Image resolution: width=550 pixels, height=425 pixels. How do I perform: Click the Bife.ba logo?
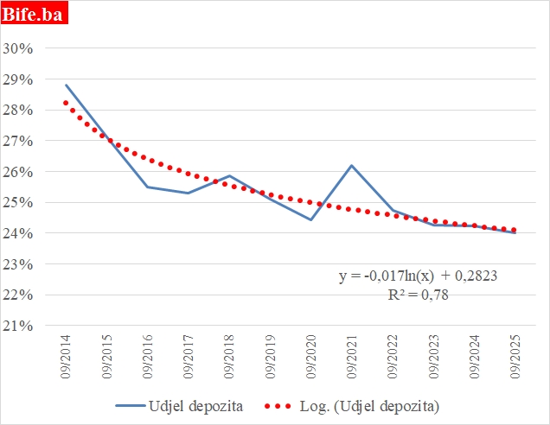[35, 13]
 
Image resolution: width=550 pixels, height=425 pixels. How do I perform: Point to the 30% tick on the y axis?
[18, 48]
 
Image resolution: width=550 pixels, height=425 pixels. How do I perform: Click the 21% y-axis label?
[18, 326]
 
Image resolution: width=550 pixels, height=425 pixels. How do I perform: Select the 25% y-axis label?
[18, 202]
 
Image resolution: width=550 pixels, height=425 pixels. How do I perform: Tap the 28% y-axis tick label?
[18, 110]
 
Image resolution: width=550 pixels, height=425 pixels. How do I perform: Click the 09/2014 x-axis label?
[67, 357]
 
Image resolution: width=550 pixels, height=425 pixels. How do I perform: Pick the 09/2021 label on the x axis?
[351, 357]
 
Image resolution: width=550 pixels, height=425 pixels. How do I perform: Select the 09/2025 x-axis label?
[515, 357]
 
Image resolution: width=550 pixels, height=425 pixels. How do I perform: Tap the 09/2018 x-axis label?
[229, 357]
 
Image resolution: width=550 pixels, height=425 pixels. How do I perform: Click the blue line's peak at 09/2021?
[351, 165]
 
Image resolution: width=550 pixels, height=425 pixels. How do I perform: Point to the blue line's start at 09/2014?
[66, 85]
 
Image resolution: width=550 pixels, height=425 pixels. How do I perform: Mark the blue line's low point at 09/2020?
[310, 219]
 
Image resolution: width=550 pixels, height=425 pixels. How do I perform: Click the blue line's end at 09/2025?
[515, 232]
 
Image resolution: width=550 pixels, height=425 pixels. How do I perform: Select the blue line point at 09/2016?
[147, 187]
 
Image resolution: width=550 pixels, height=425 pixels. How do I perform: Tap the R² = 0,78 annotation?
[417, 295]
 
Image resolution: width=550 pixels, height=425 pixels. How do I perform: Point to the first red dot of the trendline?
[66, 103]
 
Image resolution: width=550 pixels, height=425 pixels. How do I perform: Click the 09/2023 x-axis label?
[432, 357]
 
